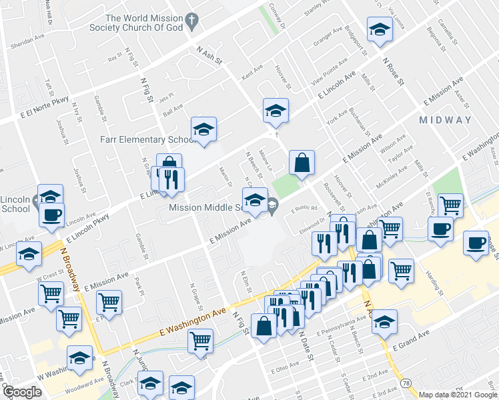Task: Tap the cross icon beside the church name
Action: tap(193, 20)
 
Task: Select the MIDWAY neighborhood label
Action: tap(446, 121)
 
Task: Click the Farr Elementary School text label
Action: tap(142, 139)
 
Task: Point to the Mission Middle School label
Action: tap(205, 207)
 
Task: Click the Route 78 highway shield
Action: tap(406, 381)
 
